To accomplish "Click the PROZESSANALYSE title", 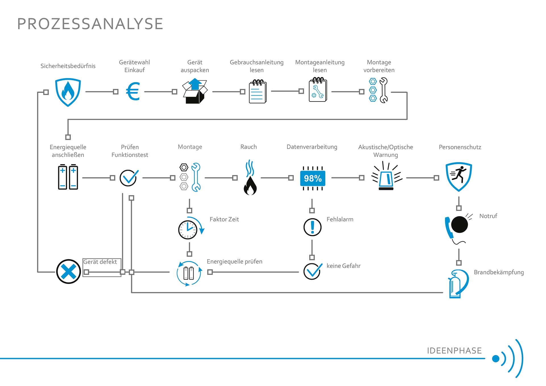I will (x=90, y=24).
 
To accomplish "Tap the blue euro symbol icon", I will (x=133, y=92).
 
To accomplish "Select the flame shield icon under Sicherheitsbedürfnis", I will (x=68, y=92).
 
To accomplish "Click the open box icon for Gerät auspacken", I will (x=195, y=92).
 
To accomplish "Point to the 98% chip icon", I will (x=313, y=178).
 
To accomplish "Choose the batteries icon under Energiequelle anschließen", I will (x=68, y=177).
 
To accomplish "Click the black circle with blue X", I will (x=68, y=271).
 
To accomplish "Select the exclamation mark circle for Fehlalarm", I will (x=312, y=227).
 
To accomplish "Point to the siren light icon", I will (x=386, y=176).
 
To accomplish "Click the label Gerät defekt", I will (x=100, y=262).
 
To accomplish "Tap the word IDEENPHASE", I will (x=454, y=351).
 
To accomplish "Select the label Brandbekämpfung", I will (x=499, y=272).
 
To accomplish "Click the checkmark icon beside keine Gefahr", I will (x=312, y=271).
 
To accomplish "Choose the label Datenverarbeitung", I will (x=312, y=147).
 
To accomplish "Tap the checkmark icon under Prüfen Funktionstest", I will (x=129, y=178).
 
